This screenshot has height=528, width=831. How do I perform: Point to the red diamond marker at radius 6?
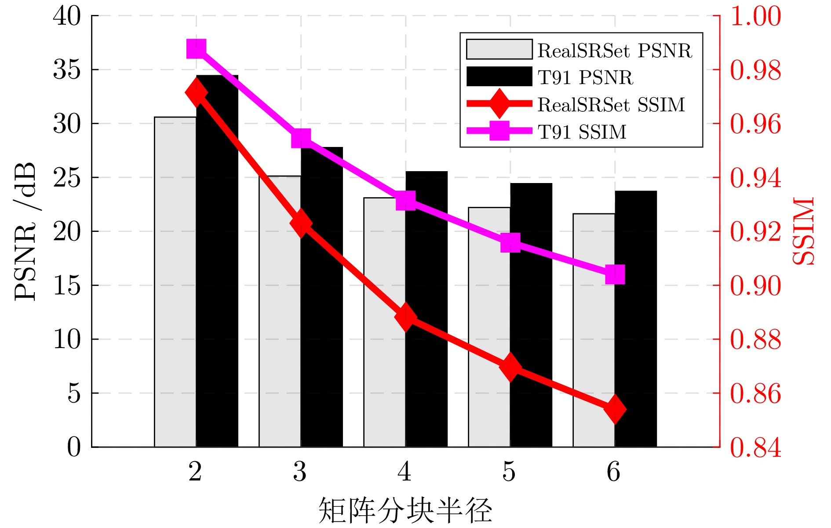tap(615, 409)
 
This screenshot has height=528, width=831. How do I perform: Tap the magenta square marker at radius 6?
tap(615, 275)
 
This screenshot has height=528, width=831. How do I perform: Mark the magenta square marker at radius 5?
tap(510, 242)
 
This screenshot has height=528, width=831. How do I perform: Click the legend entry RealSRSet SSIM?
tap(611, 105)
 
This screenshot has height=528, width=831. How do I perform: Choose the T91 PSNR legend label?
tap(585, 77)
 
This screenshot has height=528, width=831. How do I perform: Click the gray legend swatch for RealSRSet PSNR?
tap(499, 49)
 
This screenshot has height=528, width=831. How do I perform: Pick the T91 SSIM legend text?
tap(582, 132)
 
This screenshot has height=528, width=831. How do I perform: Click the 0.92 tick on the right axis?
tap(755, 231)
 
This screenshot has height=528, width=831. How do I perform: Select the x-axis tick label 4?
tap(405, 472)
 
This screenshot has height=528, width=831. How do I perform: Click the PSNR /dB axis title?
tap(25, 231)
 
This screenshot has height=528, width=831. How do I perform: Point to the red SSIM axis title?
tap(804, 231)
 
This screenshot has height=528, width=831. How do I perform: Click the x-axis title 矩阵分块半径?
tap(405, 510)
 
